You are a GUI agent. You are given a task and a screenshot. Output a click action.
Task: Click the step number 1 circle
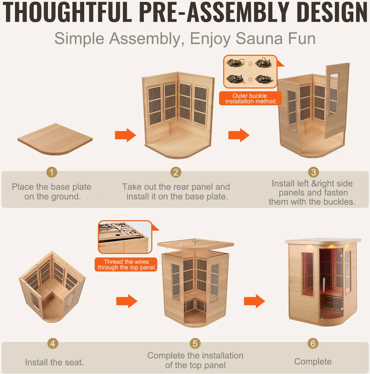[x=52, y=172]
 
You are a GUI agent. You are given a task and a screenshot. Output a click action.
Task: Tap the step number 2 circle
[x=176, y=172]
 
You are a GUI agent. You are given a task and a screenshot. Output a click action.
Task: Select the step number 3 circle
[x=313, y=172]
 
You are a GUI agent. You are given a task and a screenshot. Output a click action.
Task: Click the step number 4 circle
[x=53, y=343]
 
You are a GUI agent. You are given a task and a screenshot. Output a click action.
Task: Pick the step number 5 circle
[x=195, y=343]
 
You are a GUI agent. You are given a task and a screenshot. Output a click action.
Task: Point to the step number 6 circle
[x=313, y=343]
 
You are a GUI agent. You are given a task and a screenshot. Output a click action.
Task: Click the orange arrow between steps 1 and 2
[x=125, y=135]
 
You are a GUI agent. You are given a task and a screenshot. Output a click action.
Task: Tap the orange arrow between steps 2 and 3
[x=239, y=135]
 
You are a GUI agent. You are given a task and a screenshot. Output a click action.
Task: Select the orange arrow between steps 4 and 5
[x=127, y=301]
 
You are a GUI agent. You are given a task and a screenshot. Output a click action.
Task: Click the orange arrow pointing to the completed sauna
[x=254, y=301]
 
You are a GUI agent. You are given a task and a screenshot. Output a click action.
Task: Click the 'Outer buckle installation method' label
[x=250, y=98]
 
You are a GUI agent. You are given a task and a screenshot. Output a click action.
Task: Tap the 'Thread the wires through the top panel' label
[x=126, y=265]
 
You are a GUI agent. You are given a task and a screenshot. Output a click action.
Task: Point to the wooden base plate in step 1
[x=55, y=139]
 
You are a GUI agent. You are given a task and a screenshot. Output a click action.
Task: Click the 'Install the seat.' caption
[x=54, y=362]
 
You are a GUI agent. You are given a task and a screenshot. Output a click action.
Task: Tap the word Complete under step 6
[x=313, y=362]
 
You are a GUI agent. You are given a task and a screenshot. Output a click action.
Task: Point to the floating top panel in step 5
[x=196, y=244]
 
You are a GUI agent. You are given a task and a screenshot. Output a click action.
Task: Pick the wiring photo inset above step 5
[x=125, y=237]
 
